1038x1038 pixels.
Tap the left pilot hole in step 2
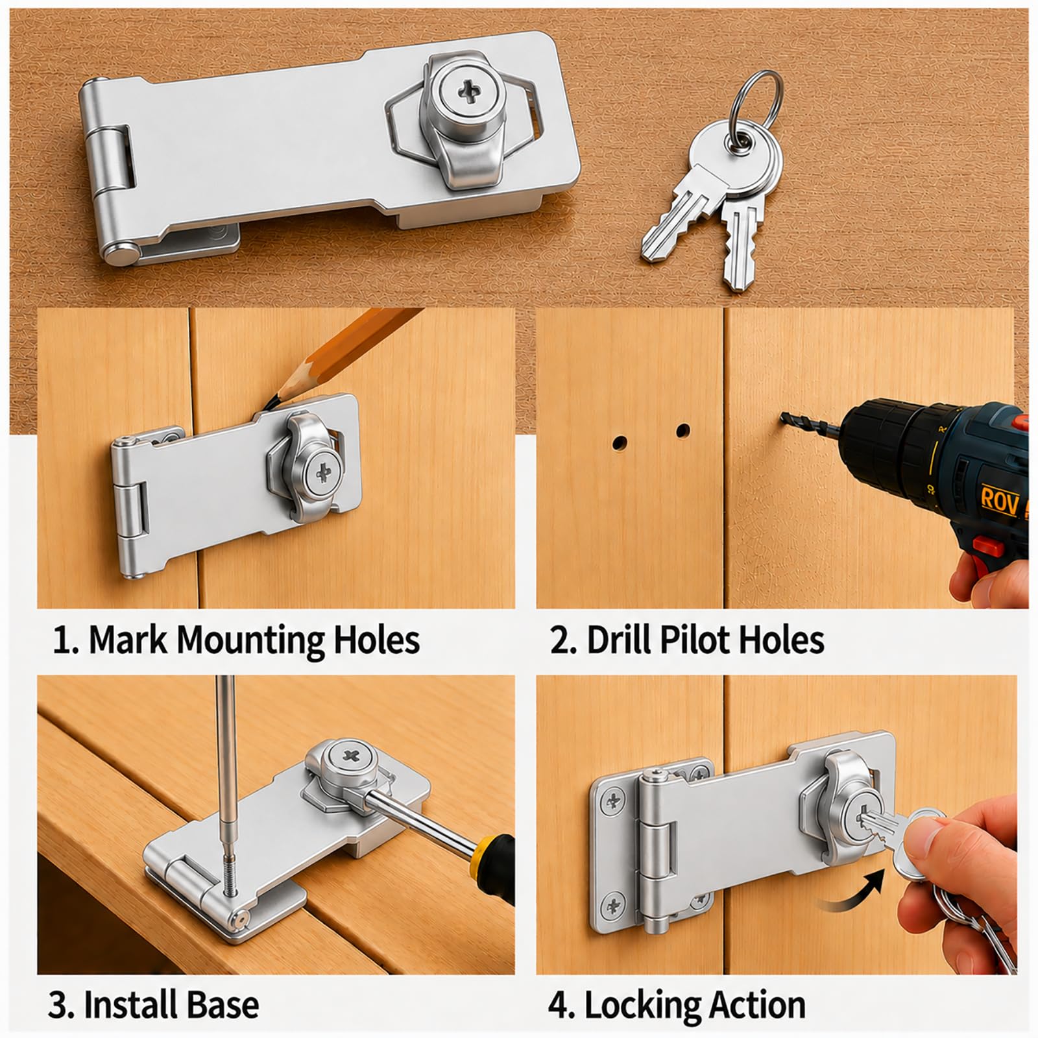pyautogui.click(x=620, y=443)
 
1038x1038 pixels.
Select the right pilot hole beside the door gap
pyautogui.click(x=682, y=430)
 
